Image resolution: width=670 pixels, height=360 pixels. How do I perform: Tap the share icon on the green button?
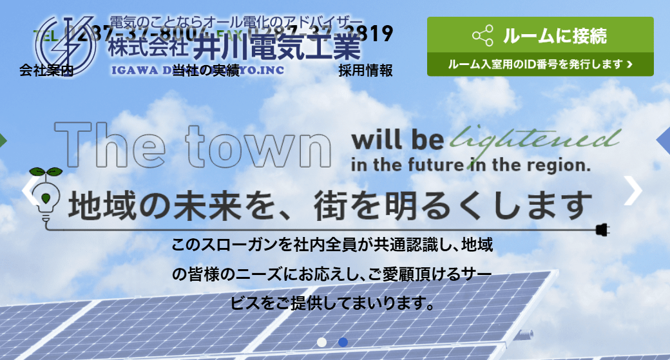[x=483, y=35]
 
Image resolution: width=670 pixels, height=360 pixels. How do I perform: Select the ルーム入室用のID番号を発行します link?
[x=540, y=64]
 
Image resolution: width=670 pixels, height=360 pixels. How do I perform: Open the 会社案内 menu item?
[x=46, y=70]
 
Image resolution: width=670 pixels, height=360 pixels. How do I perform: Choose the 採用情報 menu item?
[x=365, y=70]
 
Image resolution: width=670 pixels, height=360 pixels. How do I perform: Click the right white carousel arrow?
[x=634, y=190]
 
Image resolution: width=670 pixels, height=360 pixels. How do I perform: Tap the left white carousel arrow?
[x=30, y=190]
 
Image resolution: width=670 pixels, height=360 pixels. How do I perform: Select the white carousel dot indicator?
[x=322, y=342]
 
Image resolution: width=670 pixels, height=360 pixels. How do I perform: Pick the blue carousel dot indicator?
[x=343, y=342]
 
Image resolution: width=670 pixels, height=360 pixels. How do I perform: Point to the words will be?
[x=397, y=140]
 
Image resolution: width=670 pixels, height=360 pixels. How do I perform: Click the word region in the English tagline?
[x=556, y=165]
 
